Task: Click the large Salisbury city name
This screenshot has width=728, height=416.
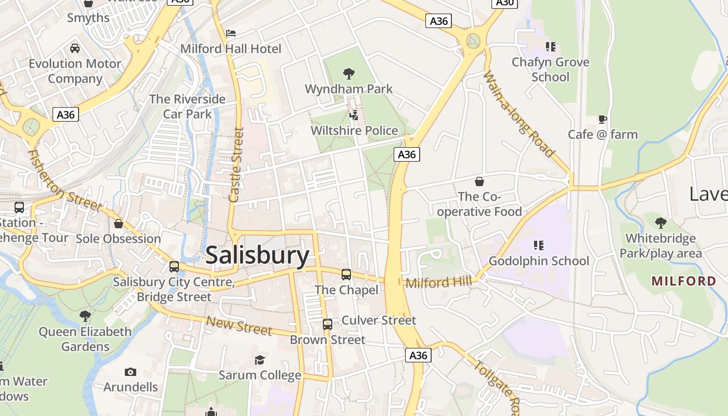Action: tap(257, 255)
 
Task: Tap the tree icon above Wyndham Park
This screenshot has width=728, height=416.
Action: tap(349, 73)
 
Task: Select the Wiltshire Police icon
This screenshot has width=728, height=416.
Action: tap(354, 115)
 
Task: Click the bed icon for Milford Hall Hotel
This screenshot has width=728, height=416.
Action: tap(231, 33)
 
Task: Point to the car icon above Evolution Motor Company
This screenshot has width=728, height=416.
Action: tap(75, 48)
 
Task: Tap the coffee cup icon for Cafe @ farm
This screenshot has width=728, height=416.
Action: tap(603, 119)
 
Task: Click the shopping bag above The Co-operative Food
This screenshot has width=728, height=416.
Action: tap(479, 181)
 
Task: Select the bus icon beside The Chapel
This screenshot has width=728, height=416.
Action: tap(346, 274)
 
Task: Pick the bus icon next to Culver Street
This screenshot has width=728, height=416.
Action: tap(328, 324)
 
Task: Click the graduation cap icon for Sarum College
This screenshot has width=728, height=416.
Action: tap(259, 360)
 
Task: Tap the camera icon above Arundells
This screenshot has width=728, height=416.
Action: tap(131, 372)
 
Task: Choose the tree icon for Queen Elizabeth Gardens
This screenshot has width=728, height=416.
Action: tap(85, 316)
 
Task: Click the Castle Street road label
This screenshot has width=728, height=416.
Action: tap(237, 165)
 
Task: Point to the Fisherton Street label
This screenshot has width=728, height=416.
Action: tap(64, 180)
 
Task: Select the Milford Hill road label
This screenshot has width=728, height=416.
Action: tap(438, 282)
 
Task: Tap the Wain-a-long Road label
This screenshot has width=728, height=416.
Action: tap(518, 114)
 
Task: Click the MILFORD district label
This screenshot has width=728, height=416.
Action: tap(684, 281)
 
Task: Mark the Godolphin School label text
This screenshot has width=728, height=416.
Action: tap(539, 261)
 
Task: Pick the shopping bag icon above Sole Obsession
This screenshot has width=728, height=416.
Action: tap(119, 224)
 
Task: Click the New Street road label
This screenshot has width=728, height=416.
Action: tap(239, 326)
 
